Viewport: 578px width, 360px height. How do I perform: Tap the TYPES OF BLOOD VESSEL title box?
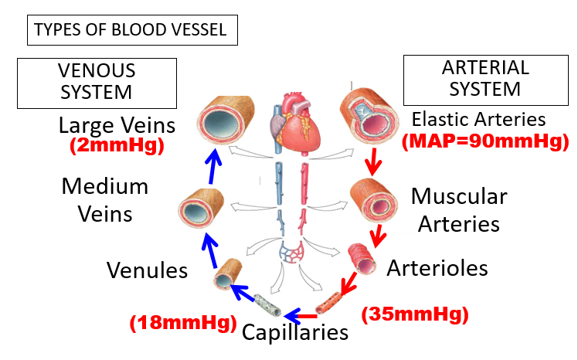point(132,30)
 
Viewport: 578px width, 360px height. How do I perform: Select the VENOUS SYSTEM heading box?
point(97,83)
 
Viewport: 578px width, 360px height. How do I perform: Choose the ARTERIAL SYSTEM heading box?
point(486,80)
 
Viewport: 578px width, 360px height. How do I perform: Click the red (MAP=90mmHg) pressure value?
point(485,141)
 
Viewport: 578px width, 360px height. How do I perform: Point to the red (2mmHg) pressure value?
point(117,145)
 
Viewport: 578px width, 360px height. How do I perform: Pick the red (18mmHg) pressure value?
point(183,323)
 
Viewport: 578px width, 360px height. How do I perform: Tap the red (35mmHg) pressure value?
point(415,314)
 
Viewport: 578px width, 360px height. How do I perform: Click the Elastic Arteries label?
point(478,120)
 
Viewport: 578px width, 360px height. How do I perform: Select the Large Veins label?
point(117,126)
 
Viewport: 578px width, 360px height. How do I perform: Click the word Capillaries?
point(295,332)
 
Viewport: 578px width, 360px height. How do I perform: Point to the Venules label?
point(147,270)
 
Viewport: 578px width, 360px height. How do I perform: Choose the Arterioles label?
point(437,268)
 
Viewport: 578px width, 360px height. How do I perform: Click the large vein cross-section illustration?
point(225,120)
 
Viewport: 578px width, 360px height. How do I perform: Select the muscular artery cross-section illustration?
point(374,200)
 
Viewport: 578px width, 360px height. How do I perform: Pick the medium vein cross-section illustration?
point(201,208)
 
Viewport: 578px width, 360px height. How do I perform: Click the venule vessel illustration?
point(228,274)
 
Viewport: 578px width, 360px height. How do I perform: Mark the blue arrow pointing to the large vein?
point(213,166)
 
